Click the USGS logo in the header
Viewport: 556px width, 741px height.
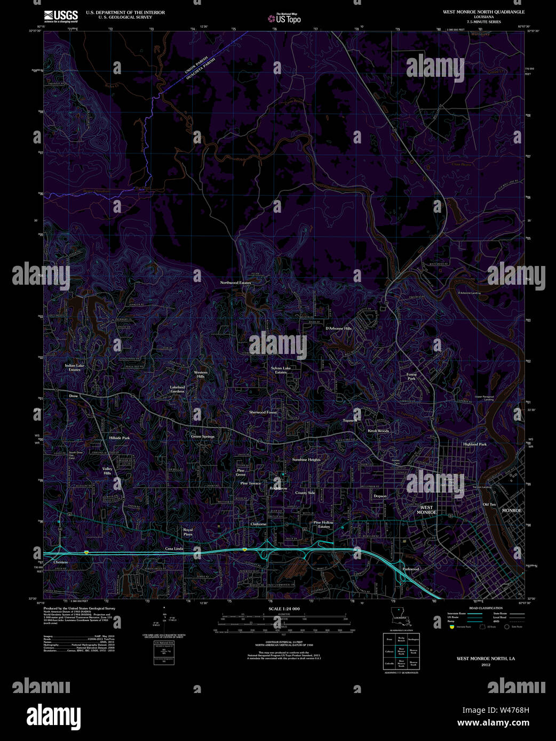(x=60, y=16)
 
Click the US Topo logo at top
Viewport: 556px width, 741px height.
(x=285, y=19)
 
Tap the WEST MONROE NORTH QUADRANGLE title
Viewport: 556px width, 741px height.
(x=483, y=12)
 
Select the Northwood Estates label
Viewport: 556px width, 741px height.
(x=235, y=283)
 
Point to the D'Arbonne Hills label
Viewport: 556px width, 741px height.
(x=338, y=328)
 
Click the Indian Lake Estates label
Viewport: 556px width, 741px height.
(x=75, y=368)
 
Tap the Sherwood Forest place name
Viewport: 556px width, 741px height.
(x=263, y=412)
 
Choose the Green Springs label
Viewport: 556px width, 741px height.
(x=203, y=437)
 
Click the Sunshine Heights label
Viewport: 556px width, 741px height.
(x=306, y=460)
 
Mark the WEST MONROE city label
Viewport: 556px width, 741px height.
(x=426, y=510)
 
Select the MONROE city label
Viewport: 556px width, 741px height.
(x=512, y=510)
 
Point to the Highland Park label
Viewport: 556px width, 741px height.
(x=475, y=444)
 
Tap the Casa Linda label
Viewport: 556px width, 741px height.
(x=174, y=549)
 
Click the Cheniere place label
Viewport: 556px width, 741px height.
(x=61, y=562)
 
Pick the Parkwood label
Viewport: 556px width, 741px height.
(x=411, y=569)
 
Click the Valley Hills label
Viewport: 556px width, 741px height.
(x=107, y=471)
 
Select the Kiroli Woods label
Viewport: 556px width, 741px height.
(x=378, y=431)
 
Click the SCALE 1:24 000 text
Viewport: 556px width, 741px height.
(x=284, y=609)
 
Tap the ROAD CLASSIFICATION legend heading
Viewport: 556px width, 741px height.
(x=486, y=608)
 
